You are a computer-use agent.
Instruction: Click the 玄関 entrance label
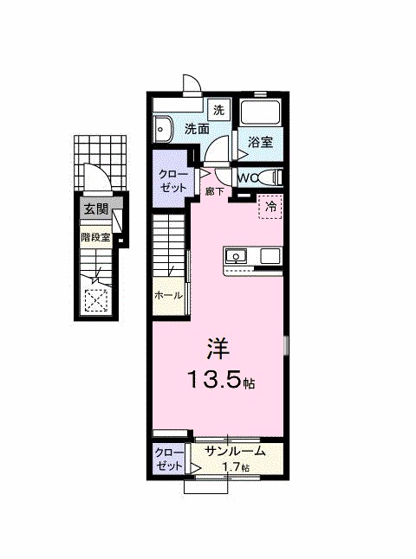point(95,209)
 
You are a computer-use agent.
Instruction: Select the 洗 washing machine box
point(219,110)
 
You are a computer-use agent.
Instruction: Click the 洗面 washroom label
point(197,129)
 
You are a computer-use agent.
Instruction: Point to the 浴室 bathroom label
point(260,142)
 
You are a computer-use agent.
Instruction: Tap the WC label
point(247,177)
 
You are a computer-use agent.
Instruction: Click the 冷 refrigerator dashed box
point(270,207)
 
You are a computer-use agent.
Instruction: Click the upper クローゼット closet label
point(170,179)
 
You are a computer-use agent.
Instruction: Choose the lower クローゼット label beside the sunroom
point(169,459)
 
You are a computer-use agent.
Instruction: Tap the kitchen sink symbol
point(236,256)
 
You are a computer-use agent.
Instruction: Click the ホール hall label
point(168,295)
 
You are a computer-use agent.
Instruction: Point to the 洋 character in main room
point(217,349)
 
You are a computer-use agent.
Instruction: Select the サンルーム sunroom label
point(233,451)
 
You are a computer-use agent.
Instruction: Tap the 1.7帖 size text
point(235,468)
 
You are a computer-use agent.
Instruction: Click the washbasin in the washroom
point(162,130)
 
